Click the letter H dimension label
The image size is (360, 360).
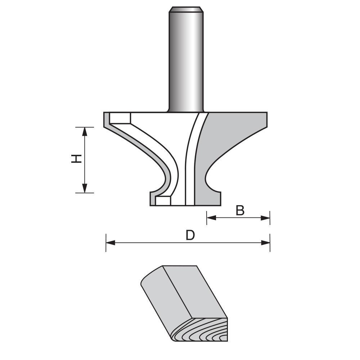coord(76,158)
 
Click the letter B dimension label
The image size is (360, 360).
coord(240,211)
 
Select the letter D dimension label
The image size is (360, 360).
coord(190,235)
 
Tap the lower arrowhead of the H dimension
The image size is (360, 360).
coord(85,188)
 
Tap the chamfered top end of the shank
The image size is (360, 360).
coord(186,9)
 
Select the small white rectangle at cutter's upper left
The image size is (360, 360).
coord(120,118)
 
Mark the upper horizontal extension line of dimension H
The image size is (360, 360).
coord(85,127)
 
